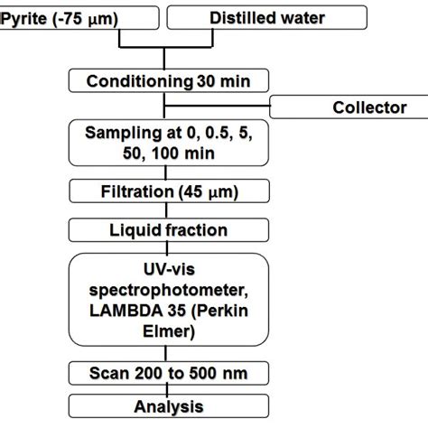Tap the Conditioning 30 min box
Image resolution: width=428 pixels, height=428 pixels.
point(168,81)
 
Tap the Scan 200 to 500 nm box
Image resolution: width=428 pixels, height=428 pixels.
point(168,373)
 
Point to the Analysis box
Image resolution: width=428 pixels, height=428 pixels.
point(168,406)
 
